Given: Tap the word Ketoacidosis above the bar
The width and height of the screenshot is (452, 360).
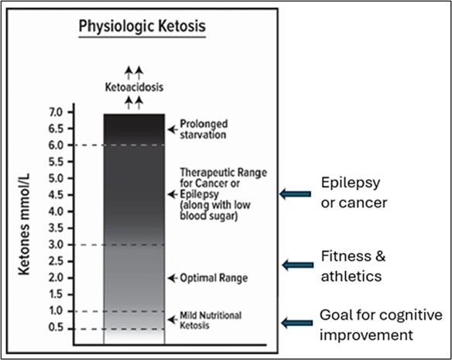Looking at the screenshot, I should (x=134, y=87).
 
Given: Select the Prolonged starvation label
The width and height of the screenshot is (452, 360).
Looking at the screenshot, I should (x=204, y=129).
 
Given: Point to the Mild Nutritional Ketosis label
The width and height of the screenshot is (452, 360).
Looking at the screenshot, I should (x=210, y=319).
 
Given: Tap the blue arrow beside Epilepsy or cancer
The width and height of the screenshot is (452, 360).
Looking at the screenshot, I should (x=295, y=194).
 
